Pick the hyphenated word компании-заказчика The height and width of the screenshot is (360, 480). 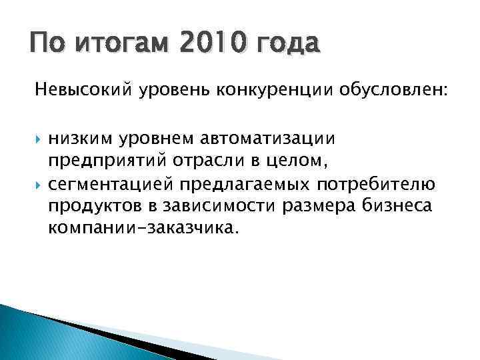pyautogui.click(x=142, y=229)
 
